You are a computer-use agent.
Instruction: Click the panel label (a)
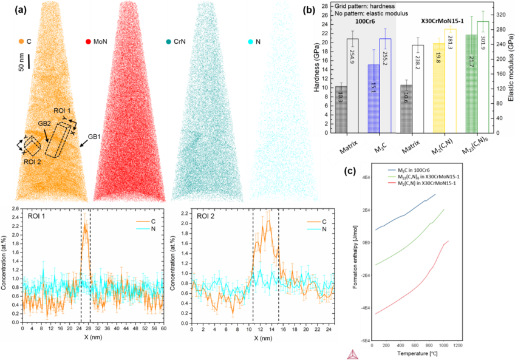20,9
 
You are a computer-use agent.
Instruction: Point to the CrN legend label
182,42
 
